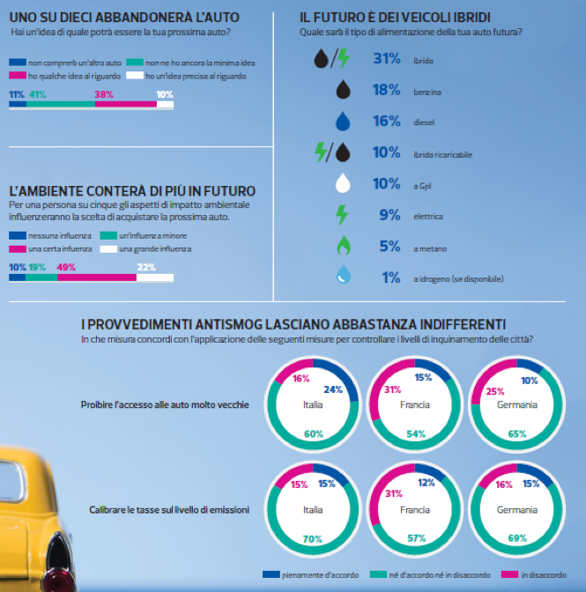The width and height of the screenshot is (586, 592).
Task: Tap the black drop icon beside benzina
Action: [344, 90]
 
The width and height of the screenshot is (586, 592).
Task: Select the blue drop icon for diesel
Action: [344, 122]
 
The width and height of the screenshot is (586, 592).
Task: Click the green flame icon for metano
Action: [344, 247]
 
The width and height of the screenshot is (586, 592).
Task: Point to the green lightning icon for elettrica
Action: [344, 215]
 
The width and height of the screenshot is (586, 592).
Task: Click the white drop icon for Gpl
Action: [344, 184]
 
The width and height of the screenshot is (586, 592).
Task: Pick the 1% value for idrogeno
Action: [390, 277]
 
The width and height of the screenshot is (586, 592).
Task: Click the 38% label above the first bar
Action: [104, 93]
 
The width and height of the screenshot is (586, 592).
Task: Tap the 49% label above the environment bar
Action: [66, 267]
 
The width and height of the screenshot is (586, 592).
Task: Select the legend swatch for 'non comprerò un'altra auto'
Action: [17, 63]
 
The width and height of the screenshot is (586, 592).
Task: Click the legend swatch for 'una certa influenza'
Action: [17, 250]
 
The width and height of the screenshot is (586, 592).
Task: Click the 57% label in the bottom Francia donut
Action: [416, 537]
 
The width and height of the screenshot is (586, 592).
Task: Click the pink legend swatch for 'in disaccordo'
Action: [509, 575]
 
